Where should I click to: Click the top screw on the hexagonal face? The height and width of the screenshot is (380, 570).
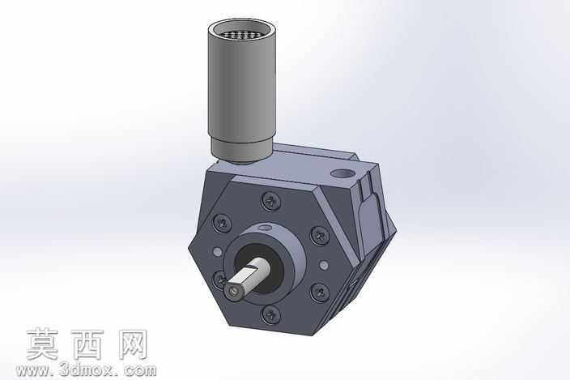pos(271,201)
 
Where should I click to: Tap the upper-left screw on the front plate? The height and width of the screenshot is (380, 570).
pos(222,224)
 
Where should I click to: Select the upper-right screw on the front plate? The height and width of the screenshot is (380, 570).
pos(320,237)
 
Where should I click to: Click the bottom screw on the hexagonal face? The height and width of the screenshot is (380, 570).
pos(271,314)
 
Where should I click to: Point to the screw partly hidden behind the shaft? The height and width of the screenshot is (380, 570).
pos(219,280)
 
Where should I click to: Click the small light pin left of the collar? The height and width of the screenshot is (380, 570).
pos(217,251)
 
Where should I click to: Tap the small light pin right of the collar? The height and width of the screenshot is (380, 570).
pos(324,265)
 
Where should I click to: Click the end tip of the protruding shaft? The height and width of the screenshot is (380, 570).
pos(233,292)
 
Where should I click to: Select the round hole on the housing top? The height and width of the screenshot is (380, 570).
pos(342,174)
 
